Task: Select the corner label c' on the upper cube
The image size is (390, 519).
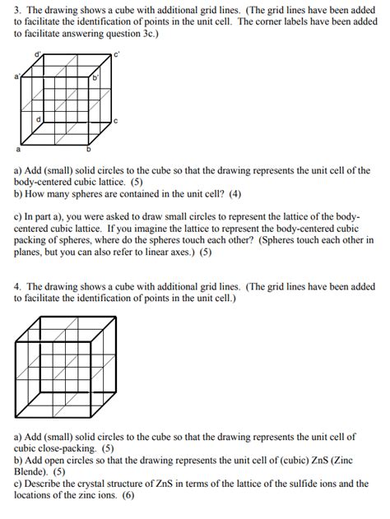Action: tap(117, 56)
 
